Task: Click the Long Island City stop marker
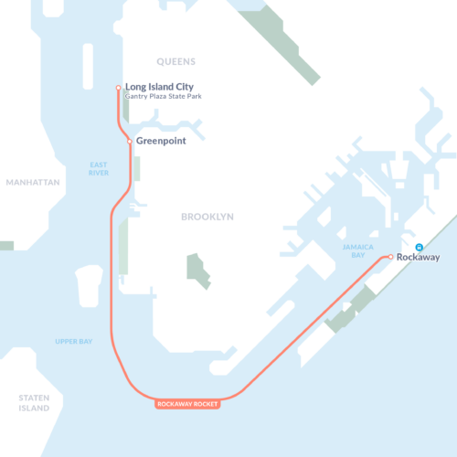[118, 88]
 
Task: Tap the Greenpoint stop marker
[130, 141]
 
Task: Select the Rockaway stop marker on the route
[390, 257]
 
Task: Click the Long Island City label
[165, 87]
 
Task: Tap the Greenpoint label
[163, 142]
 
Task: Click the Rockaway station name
[419, 258]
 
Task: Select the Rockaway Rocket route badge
[188, 404]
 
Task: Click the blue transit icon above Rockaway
[420, 247]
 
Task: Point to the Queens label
[176, 62]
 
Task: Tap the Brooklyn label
[207, 217]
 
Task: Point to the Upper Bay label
[73, 341]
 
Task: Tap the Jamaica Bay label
[358, 252]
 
